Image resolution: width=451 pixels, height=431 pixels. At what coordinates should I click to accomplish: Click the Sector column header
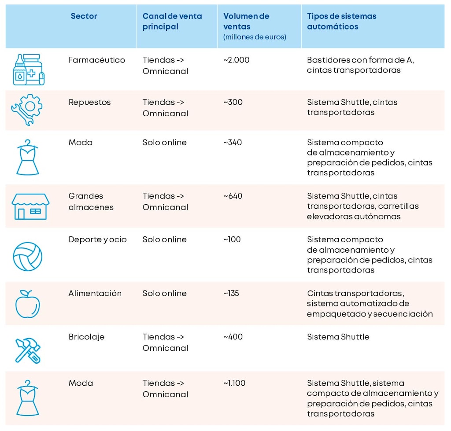(x=84, y=16)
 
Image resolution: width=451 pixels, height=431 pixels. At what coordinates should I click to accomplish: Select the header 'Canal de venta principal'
(x=172, y=21)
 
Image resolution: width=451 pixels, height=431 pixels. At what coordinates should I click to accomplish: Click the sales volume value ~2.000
(x=236, y=60)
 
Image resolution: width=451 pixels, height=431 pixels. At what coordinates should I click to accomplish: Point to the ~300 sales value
(x=233, y=102)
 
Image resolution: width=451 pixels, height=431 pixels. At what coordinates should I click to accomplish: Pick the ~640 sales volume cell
(x=233, y=196)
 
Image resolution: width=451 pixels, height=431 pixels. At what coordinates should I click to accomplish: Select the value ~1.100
(x=234, y=383)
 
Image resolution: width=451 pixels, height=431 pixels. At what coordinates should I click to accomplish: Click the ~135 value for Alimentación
(x=231, y=293)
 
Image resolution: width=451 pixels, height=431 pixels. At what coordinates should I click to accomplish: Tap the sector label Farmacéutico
(x=97, y=60)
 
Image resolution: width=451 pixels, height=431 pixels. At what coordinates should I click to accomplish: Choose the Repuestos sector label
(x=89, y=102)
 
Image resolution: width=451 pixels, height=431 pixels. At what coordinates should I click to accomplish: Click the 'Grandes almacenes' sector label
(x=91, y=201)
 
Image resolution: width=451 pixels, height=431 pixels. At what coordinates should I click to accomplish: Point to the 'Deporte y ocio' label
(x=97, y=239)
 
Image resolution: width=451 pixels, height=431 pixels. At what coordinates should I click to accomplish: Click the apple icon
(x=27, y=304)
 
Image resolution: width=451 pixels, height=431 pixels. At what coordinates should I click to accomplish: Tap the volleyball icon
(x=27, y=256)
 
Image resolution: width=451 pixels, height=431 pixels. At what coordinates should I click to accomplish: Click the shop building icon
(x=30, y=206)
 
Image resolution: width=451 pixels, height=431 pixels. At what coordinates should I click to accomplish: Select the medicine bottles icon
(x=29, y=70)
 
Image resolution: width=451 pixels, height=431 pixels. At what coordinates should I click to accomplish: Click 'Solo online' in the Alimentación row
(x=164, y=293)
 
